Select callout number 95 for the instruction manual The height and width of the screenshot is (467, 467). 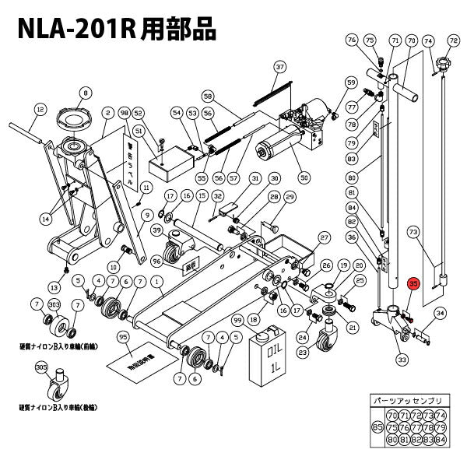tap(122, 337)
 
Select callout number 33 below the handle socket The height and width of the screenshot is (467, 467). tap(402, 360)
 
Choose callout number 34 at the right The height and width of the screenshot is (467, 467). tap(440, 313)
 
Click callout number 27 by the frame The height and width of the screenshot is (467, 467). tap(325, 237)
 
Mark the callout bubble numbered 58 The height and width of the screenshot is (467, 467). tap(207, 97)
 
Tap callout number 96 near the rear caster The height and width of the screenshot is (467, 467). tap(156, 261)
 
